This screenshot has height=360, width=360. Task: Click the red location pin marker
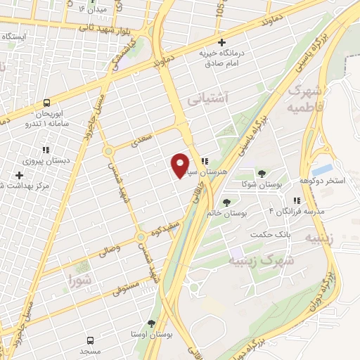point(181,165)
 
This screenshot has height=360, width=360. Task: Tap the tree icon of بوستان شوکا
point(262,173)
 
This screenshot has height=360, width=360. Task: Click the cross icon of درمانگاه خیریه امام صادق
point(222,43)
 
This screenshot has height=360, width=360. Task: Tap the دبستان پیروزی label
point(47,160)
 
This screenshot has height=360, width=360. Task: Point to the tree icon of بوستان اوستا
point(151,323)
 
